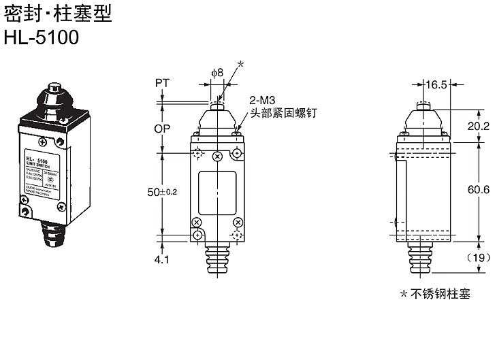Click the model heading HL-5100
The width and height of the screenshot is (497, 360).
(41, 38)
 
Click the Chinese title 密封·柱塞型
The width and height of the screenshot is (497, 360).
(57, 13)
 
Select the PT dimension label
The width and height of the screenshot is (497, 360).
(162, 82)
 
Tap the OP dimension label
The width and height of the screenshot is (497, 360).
(162, 128)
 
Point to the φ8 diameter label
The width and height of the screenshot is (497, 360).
(217, 72)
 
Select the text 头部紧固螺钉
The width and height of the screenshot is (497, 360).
(284, 112)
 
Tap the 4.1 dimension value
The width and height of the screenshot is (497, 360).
(161, 259)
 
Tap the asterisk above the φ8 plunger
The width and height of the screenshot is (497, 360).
(240, 65)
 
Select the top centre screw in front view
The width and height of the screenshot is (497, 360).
(217, 157)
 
